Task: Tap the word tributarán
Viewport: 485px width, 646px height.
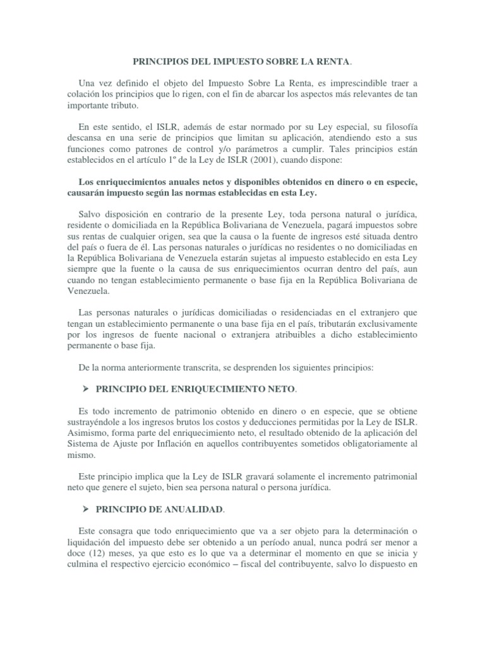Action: (x=325, y=323)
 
